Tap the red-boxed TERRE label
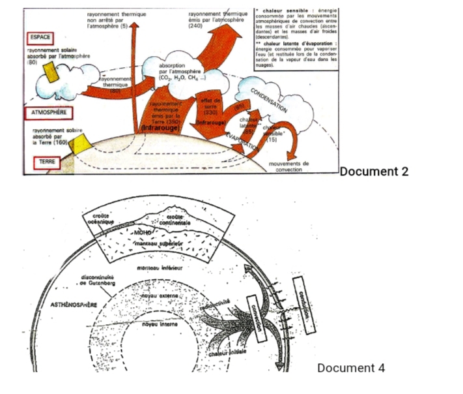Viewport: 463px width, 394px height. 42,160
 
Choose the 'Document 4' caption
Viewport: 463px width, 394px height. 350,368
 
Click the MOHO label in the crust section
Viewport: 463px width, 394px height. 144,232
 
